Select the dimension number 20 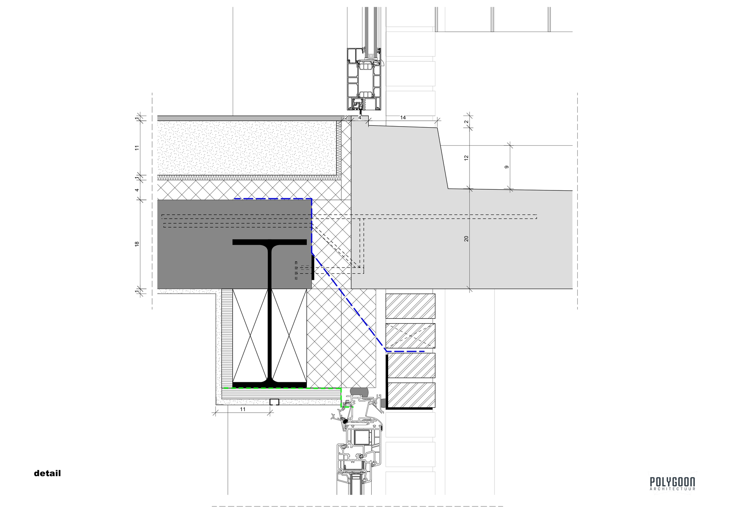point(466,238)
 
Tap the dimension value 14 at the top point(403,117)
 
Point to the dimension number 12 point(466,158)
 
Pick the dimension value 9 point(507,167)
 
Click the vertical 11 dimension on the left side point(137,148)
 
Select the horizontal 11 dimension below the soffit point(243,409)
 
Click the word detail point(47,473)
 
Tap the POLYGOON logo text point(672,481)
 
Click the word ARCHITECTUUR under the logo point(672,489)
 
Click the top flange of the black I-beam point(269,242)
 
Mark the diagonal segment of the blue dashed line point(349,302)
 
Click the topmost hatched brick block point(410,306)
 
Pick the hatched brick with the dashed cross point(410,336)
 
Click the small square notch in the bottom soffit point(275,402)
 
